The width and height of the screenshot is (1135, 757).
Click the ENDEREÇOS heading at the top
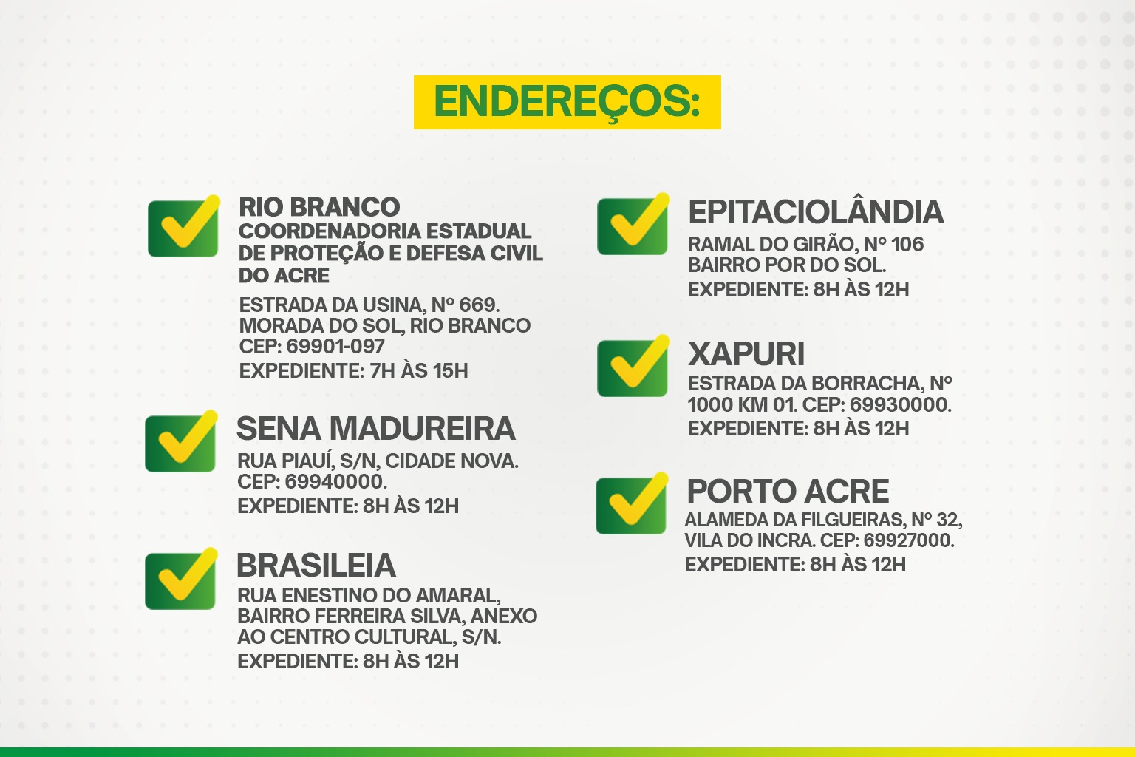pos(567,102)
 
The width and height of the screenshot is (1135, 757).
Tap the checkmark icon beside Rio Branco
pos(183,227)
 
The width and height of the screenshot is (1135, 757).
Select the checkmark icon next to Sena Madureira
pos(181,443)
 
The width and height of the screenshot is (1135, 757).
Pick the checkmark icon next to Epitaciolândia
pos(633,225)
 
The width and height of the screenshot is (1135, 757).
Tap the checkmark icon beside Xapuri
pos(633,367)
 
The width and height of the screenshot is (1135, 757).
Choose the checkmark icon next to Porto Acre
pos(632,504)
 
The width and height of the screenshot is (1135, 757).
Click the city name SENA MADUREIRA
pos(375,429)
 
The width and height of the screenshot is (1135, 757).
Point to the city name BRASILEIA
pos(316,566)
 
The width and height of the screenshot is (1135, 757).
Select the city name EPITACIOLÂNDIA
pos(816,212)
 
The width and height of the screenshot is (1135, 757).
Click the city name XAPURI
pos(746,354)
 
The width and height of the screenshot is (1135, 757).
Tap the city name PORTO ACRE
pos(788,492)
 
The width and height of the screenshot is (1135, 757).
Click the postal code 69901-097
pos(335,347)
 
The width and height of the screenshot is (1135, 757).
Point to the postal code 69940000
pos(335,482)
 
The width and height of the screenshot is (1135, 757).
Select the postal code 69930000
pos(899,405)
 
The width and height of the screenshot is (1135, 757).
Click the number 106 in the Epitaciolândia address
pos(907,245)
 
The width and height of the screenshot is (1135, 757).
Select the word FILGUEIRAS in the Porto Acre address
pos(850,520)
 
